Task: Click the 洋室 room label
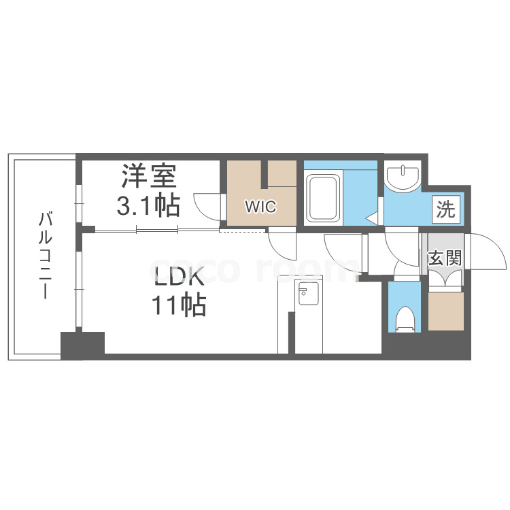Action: click(149, 177)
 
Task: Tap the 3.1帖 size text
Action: click(149, 204)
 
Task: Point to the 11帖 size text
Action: click(179, 306)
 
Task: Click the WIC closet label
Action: click(261, 207)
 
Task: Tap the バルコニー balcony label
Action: click(46, 256)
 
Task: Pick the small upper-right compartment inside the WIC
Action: click(282, 173)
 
